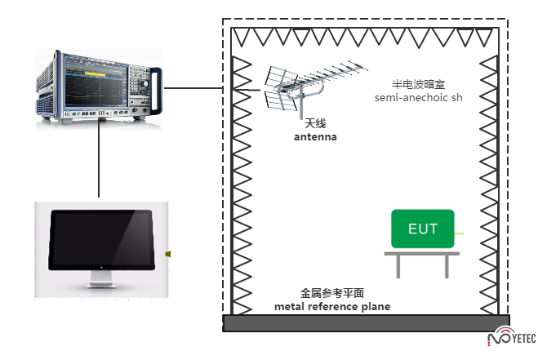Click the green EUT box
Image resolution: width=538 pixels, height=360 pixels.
coord(422,229)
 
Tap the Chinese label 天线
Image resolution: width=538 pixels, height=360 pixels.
coord(315,123)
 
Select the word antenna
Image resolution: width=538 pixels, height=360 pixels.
coord(315,137)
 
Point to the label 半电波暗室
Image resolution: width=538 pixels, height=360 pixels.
coord(418,84)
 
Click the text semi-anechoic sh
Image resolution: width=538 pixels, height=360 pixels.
coord(418,98)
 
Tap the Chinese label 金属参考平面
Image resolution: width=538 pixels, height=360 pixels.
coord(331,292)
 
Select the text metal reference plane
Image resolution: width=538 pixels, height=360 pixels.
coord(332,306)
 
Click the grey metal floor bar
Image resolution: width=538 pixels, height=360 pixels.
coord(367,323)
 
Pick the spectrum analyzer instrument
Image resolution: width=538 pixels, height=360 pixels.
coord(97,86)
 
